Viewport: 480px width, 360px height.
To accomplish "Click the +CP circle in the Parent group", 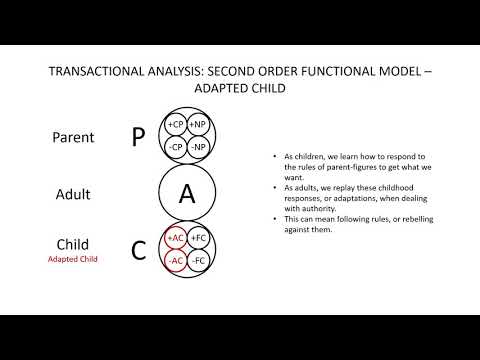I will pos(176,125).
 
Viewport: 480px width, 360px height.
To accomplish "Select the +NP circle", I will pos(198,125).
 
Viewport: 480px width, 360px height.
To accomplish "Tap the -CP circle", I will pos(176,146).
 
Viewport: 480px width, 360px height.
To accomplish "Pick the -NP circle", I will pos(198,146).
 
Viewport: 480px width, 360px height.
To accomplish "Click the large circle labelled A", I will pos(187,193).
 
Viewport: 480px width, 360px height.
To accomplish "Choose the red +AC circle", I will pos(176,238).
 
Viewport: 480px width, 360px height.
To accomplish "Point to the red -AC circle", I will pos(176,260).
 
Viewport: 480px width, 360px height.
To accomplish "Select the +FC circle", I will pos(198,238).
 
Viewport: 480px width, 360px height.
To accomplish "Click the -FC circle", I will pos(198,260).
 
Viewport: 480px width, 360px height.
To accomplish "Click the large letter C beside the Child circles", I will pos(138,250).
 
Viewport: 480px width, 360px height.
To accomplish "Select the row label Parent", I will pos(74,137).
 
